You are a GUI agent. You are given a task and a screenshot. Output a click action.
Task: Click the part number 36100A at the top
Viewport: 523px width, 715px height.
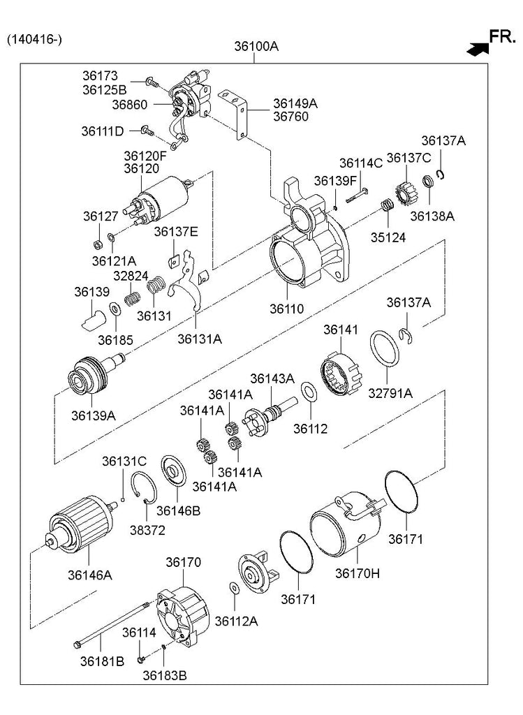point(256,47)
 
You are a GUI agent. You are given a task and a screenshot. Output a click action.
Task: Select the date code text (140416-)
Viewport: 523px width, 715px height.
point(34,39)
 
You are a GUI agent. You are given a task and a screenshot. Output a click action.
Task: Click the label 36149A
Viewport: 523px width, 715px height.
point(295,103)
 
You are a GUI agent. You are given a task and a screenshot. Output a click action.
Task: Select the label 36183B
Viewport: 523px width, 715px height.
point(165,675)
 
